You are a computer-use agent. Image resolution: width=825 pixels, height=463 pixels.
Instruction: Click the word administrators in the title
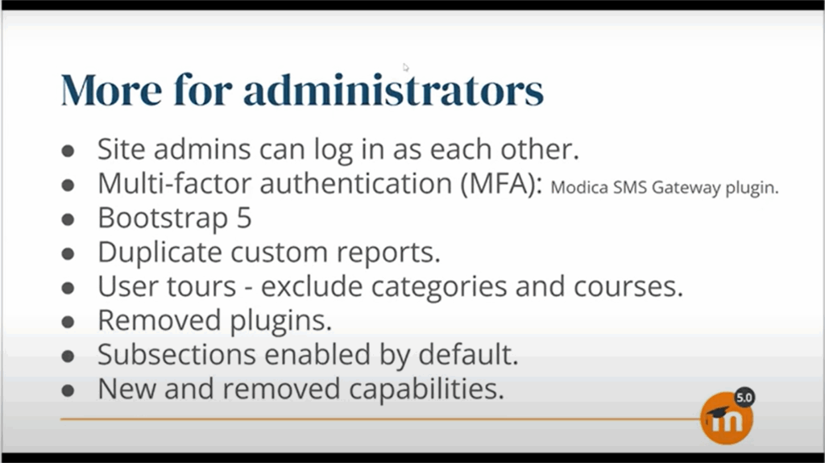pyautogui.click(x=393, y=90)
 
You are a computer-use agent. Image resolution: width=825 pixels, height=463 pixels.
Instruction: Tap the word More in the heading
pyautogui.click(x=111, y=90)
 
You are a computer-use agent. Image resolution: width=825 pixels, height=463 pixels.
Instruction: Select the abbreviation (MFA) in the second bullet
pyautogui.click(x=501, y=183)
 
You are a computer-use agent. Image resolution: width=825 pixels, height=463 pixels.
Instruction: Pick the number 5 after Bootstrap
pyautogui.click(x=244, y=218)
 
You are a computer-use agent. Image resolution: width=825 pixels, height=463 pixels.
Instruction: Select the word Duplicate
pyautogui.click(x=160, y=252)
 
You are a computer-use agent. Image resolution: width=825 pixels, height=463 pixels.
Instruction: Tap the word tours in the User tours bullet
pyautogui.click(x=201, y=286)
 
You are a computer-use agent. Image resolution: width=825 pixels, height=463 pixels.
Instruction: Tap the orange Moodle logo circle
pyautogui.click(x=727, y=419)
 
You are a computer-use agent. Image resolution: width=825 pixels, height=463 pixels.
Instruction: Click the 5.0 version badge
pyautogui.click(x=744, y=398)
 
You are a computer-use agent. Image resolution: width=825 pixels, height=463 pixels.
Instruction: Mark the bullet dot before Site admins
pyautogui.click(x=68, y=152)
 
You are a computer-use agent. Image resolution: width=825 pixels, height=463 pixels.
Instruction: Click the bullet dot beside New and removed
pyautogui.click(x=68, y=391)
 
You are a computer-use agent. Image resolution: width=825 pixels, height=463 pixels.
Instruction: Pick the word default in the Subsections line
pyautogui.click(x=468, y=354)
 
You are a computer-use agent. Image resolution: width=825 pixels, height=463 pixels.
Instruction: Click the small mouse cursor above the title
pyautogui.click(x=405, y=67)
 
